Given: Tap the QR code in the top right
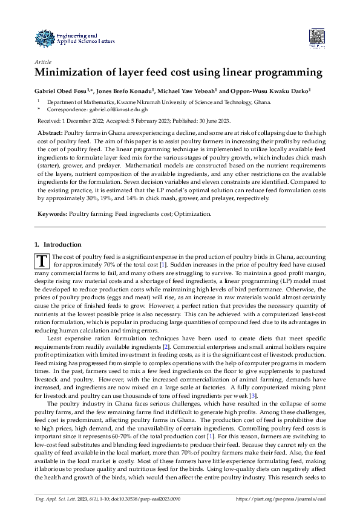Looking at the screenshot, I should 317,37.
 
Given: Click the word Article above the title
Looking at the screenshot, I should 44,62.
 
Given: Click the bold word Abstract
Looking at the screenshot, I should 50,132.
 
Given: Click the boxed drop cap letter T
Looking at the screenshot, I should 42,261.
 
